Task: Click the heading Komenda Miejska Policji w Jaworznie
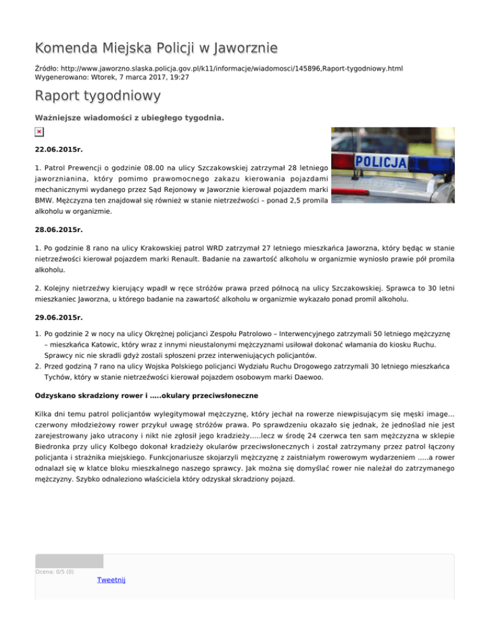click(156, 47)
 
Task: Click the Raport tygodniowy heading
click(98, 96)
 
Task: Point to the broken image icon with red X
click(40, 131)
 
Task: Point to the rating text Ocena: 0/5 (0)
click(54, 572)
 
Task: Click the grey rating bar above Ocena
click(69, 561)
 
